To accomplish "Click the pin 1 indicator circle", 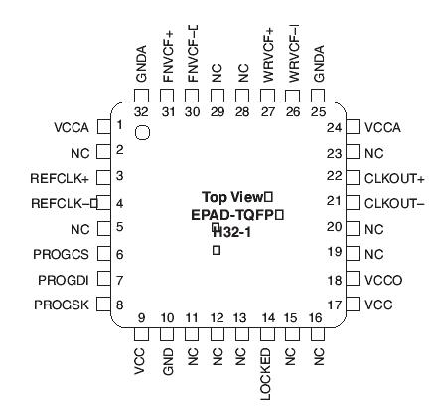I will (x=142, y=133).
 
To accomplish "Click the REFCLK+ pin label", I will (x=60, y=178).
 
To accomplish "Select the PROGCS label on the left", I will (x=63, y=254).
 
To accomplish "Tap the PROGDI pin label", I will (x=65, y=280).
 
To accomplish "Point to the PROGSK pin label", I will (x=63, y=305).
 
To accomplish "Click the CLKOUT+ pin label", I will (x=394, y=178).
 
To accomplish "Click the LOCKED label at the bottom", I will (x=266, y=374).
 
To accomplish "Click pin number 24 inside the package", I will (x=334, y=127).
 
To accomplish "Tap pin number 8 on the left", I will (x=119, y=305).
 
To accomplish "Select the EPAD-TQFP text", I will (x=234, y=214).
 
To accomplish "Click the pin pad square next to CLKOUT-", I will (x=353, y=203).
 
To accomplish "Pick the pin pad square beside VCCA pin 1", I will (x=101, y=127).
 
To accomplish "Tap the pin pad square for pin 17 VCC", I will (x=353, y=305).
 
